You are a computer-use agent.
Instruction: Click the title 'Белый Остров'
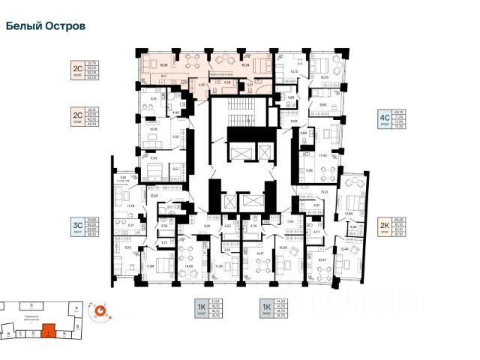pos(45,25)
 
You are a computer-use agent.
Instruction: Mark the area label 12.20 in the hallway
pos(154,195)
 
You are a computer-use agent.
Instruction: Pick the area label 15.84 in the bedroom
pos(348,214)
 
